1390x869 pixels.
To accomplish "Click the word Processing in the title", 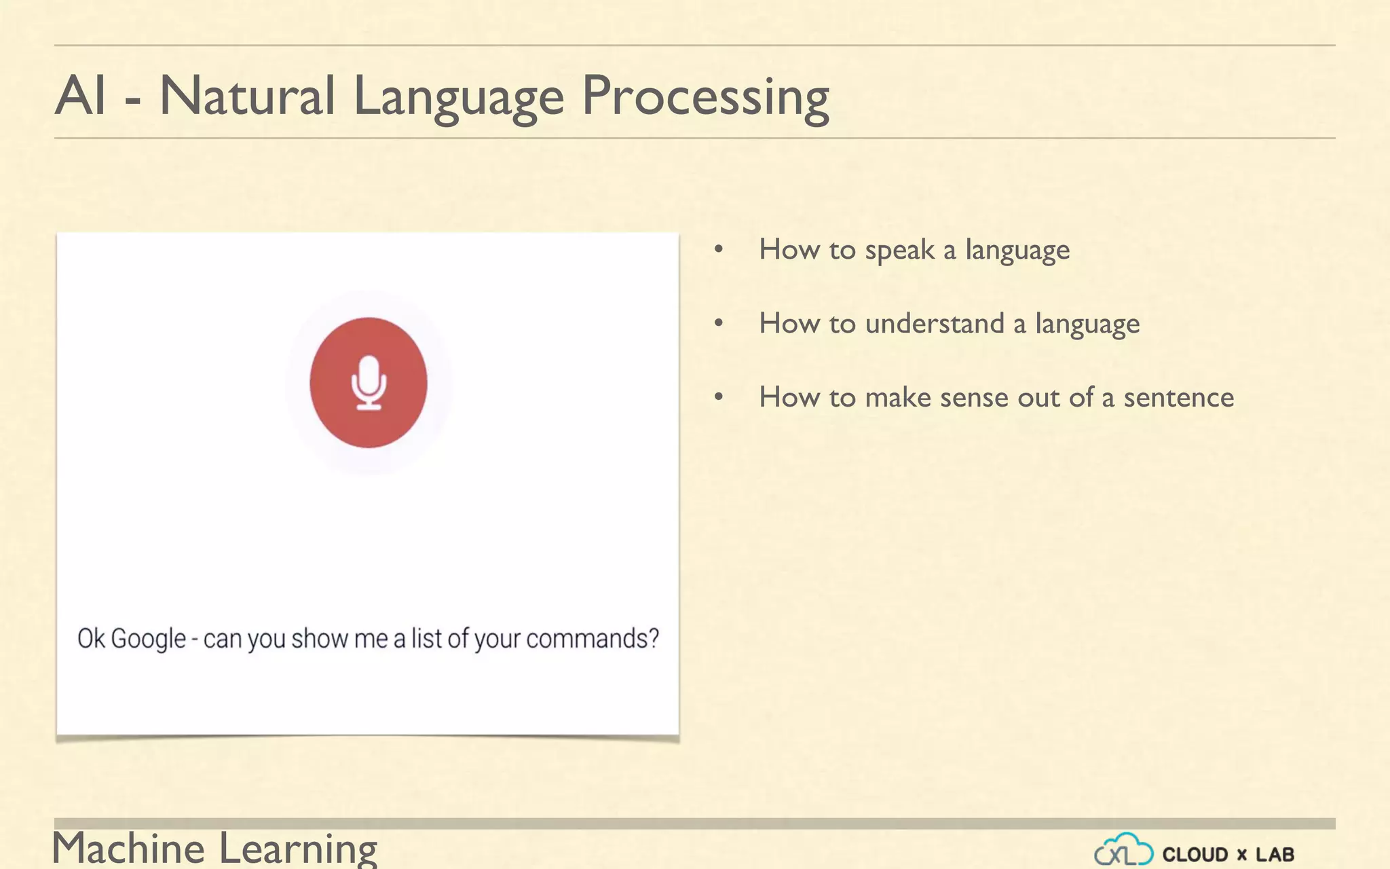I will click(x=706, y=97).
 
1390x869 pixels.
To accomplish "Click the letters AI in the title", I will click(x=81, y=96).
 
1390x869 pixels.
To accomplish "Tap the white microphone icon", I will click(x=369, y=383).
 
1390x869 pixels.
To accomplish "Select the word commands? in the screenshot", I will click(x=593, y=639).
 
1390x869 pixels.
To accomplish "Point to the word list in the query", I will click(x=427, y=639).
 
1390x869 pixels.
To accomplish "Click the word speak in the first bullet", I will click(x=899, y=251).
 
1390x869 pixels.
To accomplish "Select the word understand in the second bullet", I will click(x=935, y=324).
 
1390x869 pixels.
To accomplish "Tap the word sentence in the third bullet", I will click(x=1179, y=398).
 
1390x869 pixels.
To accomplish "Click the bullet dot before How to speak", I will click(x=719, y=250).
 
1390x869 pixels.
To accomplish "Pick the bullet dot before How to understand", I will click(x=719, y=324).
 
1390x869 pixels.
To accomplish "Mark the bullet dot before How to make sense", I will click(x=719, y=397).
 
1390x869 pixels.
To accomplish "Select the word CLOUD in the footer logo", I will click(x=1195, y=855).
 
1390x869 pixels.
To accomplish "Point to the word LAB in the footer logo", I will click(x=1275, y=855).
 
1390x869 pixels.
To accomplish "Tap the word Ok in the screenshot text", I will click(x=91, y=639).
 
